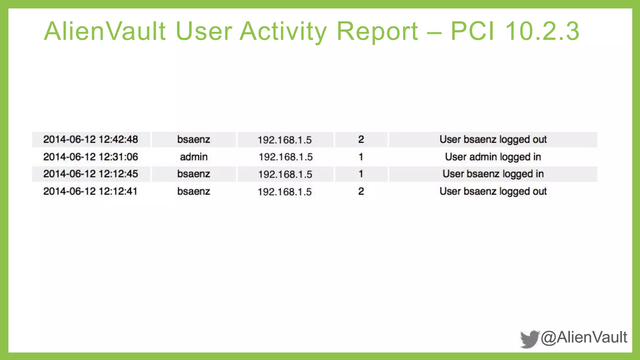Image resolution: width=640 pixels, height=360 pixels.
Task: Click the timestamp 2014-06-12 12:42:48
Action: pos(91,139)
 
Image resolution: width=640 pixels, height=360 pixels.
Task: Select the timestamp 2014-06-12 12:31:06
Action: pos(91,157)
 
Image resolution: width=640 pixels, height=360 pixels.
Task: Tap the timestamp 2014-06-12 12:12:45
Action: pos(91,174)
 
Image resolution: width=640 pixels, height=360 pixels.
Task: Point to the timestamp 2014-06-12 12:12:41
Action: pos(90,191)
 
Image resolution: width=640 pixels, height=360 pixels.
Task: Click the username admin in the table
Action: pos(194,157)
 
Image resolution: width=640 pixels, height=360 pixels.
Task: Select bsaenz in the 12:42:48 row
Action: pos(194,139)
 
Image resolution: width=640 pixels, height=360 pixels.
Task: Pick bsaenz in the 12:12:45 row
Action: pos(194,174)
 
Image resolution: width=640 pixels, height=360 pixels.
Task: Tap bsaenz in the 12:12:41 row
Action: pos(194,191)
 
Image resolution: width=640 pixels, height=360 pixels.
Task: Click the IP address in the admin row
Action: pos(286,157)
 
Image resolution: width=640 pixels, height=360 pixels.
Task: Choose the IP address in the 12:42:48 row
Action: pos(285,140)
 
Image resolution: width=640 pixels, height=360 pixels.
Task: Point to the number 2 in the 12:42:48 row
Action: pos(361,139)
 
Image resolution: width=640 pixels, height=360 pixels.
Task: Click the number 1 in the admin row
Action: pos(361,157)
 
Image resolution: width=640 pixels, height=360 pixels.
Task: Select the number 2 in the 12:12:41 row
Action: pos(361,191)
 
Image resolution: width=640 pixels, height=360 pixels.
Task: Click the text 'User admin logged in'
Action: pos(493,157)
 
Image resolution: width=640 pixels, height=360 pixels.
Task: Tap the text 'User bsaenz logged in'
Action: pos(493,174)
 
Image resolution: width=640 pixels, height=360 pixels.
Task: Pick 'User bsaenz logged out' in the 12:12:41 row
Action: pos(493,191)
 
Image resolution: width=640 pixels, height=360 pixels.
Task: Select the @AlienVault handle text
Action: pos(584,337)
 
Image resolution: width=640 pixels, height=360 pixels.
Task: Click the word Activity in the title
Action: pos(283,31)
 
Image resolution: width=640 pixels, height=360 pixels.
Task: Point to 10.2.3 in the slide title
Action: pos(542,31)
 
